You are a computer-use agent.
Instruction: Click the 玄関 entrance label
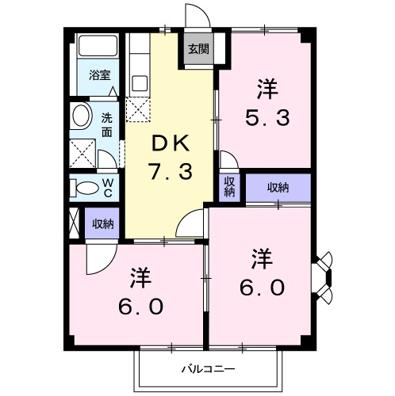pos(198,49)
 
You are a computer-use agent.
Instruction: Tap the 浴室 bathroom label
pos(99,76)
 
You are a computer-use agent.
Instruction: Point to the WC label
pos(109,188)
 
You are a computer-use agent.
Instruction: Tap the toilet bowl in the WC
pos(82,188)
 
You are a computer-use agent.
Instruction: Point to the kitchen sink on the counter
pos(140,82)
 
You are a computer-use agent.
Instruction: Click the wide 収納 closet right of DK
pos(278,187)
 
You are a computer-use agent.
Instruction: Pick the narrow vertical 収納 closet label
pos(228,187)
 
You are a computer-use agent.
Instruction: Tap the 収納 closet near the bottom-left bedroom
pos(102,224)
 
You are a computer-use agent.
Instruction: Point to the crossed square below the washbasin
pos(82,151)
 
